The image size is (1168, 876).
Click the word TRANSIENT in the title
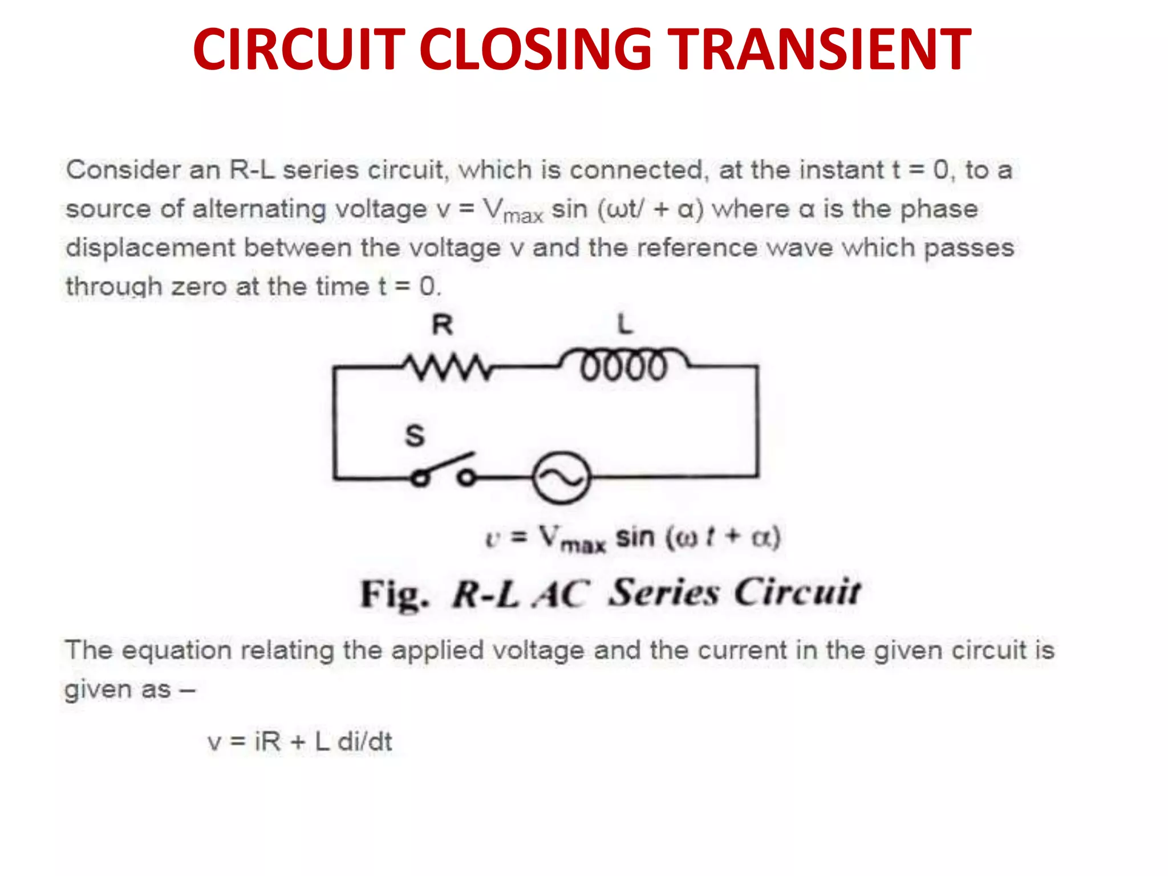[819, 50]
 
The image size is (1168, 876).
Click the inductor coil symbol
[624, 365]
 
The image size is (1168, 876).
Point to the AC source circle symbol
[561, 477]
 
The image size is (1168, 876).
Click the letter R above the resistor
[443, 325]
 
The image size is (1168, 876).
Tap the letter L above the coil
[625, 325]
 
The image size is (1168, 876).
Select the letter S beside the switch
[415, 436]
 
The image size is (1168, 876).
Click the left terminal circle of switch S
[420, 478]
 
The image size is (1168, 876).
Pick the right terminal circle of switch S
[467, 477]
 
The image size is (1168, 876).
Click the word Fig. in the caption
[394, 594]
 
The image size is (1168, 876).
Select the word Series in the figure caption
[665, 593]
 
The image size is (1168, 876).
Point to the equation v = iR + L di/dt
[300, 741]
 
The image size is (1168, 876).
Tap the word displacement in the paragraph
[150, 248]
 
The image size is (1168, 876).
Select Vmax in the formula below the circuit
[572, 539]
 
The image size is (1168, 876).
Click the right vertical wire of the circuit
[757, 422]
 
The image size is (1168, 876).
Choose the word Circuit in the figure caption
[797, 593]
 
